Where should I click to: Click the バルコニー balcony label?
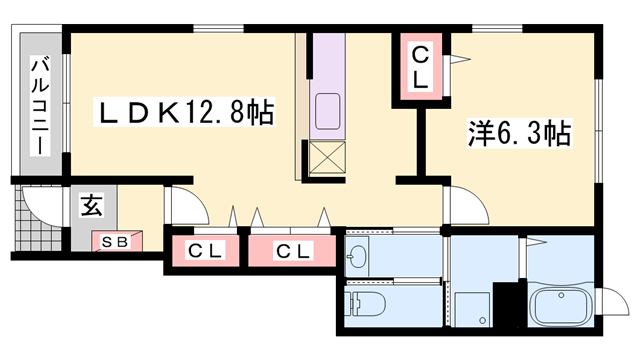40,105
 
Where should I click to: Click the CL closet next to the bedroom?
420,66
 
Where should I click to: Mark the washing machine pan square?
473,305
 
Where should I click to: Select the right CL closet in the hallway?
291,250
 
